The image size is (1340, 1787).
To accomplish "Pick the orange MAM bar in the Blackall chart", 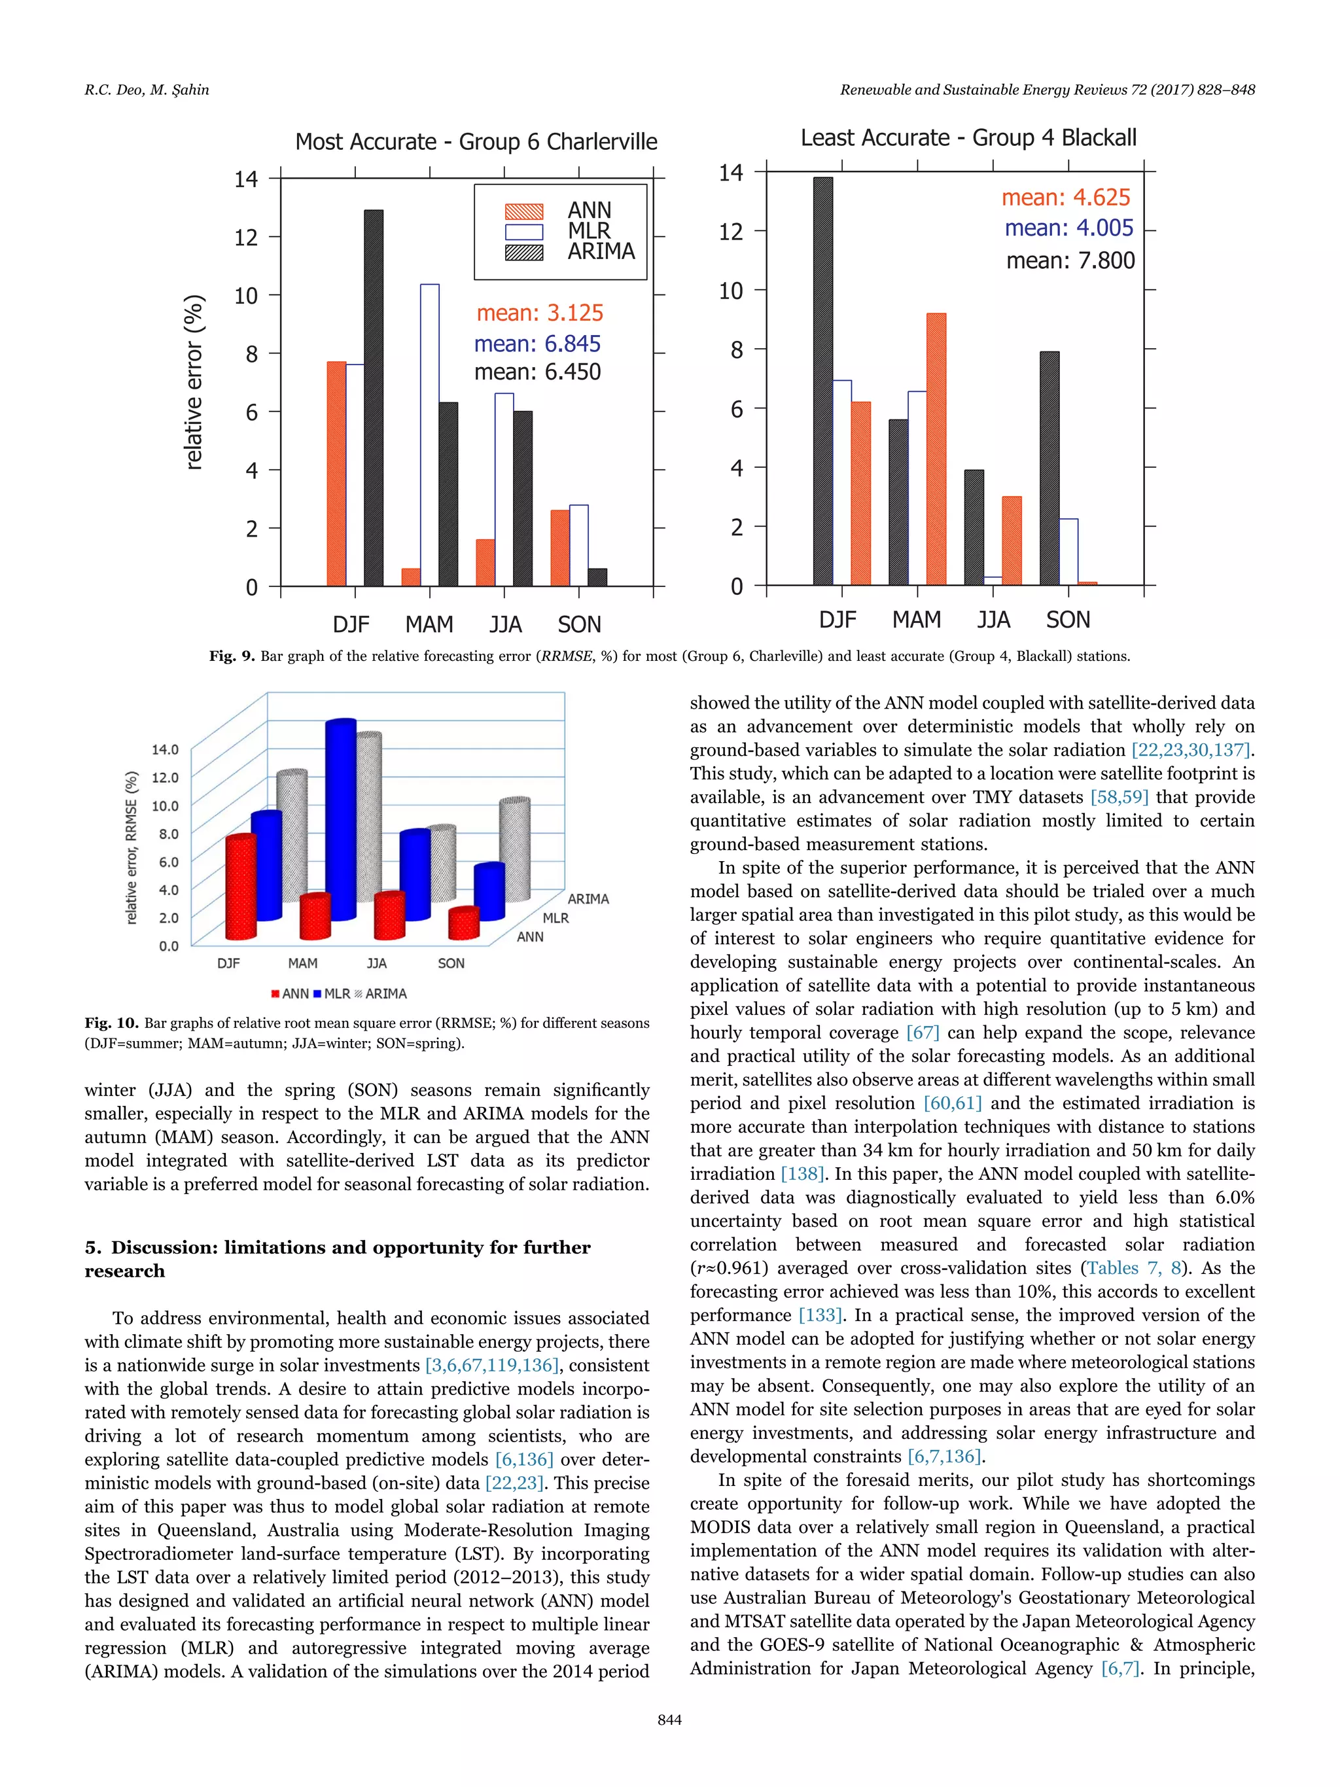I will click(x=936, y=448).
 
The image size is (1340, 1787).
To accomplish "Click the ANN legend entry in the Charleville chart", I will click(x=589, y=210).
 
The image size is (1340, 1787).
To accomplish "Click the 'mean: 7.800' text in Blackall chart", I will click(x=1070, y=261).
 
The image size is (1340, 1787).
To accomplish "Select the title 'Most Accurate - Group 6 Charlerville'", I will click(x=476, y=142).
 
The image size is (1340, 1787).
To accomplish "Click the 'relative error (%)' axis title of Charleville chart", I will click(x=194, y=382).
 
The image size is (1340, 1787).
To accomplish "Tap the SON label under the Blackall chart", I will click(x=1067, y=620).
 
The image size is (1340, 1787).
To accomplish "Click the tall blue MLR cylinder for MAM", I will click(x=340, y=820).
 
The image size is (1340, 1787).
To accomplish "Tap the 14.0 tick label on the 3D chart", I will click(x=165, y=749).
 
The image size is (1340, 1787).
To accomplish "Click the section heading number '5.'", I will click(x=93, y=1247).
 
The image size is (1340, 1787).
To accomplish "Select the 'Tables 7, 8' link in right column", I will click(x=1133, y=1268).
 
